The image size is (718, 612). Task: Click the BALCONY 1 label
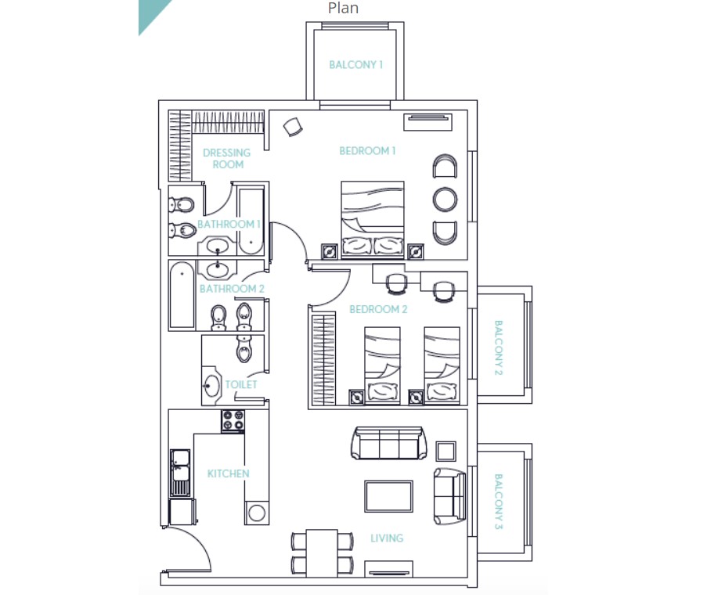point(355,64)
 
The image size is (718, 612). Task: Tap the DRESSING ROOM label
point(227,158)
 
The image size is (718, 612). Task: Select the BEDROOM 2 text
point(378,309)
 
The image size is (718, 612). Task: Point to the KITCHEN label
point(228,473)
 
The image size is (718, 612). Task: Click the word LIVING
point(387,538)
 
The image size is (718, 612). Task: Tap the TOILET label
point(241,384)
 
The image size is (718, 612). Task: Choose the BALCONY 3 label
point(499,502)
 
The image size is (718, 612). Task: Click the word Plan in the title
point(343,8)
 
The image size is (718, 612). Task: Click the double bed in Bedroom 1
point(372,220)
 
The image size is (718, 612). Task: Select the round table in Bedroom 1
point(445,200)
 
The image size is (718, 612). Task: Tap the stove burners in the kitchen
point(233,421)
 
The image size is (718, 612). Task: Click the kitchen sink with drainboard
point(180,473)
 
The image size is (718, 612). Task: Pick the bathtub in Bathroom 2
point(182,295)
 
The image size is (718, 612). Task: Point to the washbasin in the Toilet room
point(211,385)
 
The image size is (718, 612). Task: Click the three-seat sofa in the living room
point(389,443)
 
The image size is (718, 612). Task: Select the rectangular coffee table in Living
point(389,496)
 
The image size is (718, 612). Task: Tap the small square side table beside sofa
point(446,452)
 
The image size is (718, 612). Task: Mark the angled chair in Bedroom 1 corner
point(293,127)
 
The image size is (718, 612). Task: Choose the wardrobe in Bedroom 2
point(323,360)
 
